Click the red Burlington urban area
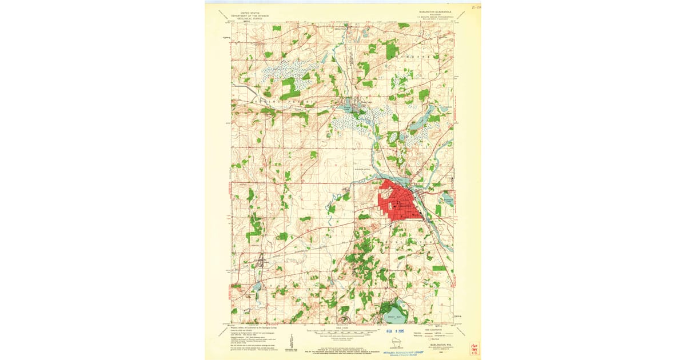pos(400,203)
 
